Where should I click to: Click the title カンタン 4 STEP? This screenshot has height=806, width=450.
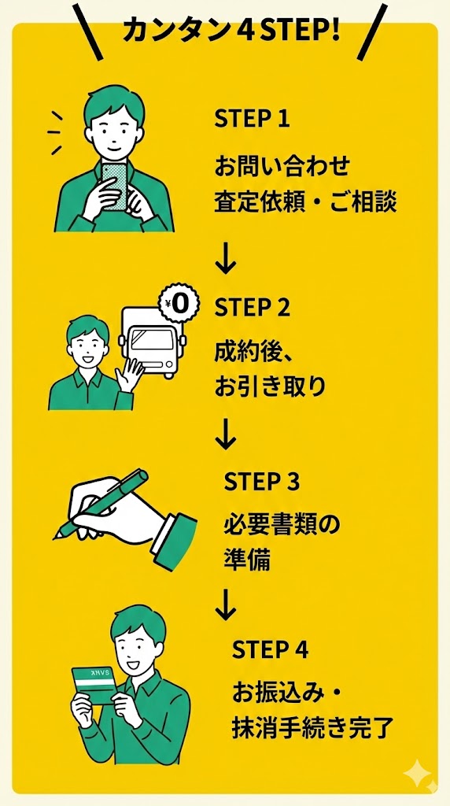pyautogui.click(x=231, y=31)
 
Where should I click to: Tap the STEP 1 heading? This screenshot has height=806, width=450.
pyautogui.click(x=253, y=120)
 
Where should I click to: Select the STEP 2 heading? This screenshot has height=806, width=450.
pyautogui.click(x=253, y=308)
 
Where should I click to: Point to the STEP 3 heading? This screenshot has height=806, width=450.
pyautogui.click(x=261, y=482)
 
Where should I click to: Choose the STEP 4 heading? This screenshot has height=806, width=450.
pyautogui.click(x=270, y=650)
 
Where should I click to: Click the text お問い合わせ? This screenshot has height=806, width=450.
pyautogui.click(x=282, y=167)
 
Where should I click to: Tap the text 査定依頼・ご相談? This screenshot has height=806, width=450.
pyautogui.click(x=306, y=202)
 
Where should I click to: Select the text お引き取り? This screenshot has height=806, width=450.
pyautogui.click(x=270, y=387)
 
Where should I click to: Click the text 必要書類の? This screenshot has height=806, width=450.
pyautogui.click(x=282, y=527)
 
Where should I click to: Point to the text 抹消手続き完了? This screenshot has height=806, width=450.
pyautogui.click(x=310, y=729)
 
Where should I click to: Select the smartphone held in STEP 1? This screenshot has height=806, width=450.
pyautogui.click(x=115, y=187)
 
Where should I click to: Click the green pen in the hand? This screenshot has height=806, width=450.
pyautogui.click(x=100, y=504)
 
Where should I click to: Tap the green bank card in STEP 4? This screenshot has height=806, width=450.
pyautogui.click(x=94, y=686)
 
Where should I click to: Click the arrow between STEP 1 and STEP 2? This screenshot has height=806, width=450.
pyautogui.click(x=226, y=260)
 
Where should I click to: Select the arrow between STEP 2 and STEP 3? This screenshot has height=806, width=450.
pyautogui.click(x=226, y=434)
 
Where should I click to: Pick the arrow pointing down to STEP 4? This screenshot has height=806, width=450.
pyautogui.click(x=226, y=604)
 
